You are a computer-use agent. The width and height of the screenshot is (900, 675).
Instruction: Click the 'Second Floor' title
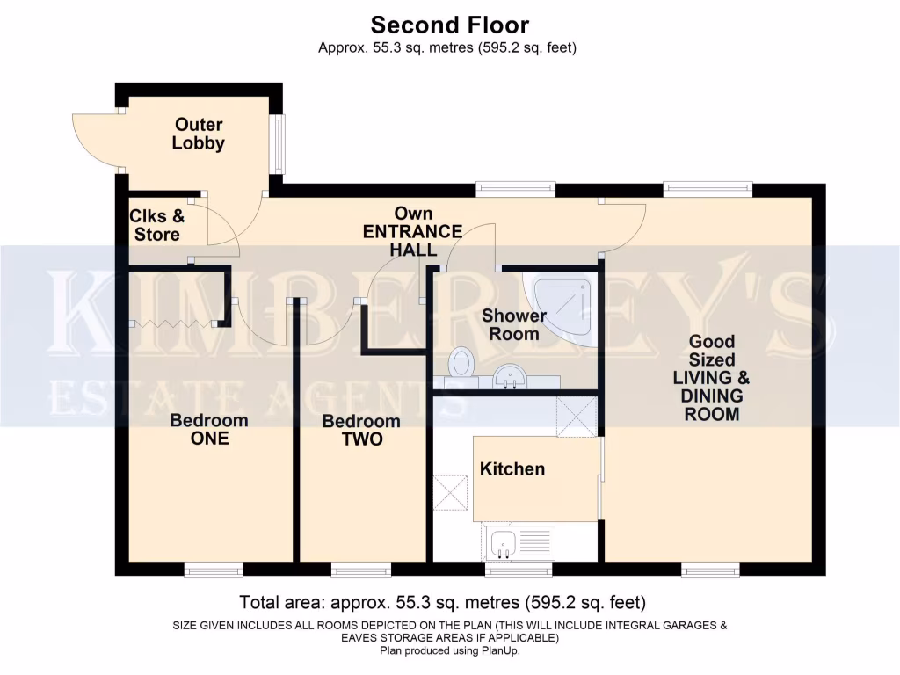[449, 24]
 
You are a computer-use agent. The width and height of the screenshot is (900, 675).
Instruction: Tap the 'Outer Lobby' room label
[198, 134]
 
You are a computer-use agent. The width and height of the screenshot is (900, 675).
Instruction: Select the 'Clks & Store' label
[157, 225]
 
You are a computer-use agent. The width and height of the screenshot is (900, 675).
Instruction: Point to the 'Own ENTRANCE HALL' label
[413, 232]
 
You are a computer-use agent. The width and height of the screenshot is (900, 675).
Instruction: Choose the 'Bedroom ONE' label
[209, 429]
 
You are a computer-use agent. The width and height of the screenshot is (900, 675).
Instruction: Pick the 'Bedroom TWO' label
[361, 430]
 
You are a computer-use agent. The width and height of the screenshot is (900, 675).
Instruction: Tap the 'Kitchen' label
[512, 469]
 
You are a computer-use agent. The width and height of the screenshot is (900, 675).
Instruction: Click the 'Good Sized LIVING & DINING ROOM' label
[712, 377]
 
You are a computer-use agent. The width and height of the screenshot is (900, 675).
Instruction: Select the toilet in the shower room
[461, 363]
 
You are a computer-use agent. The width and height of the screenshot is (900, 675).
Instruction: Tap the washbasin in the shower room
[508, 377]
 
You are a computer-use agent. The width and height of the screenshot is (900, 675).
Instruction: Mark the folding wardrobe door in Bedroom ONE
[173, 324]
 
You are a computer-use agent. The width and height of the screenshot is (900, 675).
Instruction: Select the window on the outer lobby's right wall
[278, 143]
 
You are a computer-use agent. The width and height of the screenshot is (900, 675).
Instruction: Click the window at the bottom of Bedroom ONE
[214, 571]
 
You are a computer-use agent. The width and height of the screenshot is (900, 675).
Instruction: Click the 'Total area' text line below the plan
[443, 603]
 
